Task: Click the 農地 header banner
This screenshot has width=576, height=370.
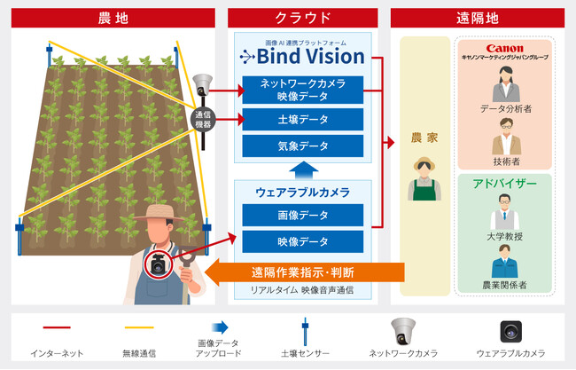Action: (x=113, y=18)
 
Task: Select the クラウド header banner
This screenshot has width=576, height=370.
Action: (x=303, y=18)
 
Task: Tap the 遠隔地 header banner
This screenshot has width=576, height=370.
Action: (x=478, y=18)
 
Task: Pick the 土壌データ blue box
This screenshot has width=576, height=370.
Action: (x=303, y=119)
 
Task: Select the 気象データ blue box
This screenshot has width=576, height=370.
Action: (x=303, y=146)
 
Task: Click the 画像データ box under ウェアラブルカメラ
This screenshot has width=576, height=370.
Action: (x=303, y=215)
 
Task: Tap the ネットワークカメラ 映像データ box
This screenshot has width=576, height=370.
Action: (x=303, y=90)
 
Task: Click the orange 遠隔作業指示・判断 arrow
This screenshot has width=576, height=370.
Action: (x=304, y=272)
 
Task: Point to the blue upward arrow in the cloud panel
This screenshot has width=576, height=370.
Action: (x=303, y=170)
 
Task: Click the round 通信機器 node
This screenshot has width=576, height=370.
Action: (x=203, y=120)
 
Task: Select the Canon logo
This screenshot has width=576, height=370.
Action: (x=504, y=49)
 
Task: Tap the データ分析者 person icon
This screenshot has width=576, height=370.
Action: (x=506, y=84)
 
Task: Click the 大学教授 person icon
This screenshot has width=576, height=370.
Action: (x=505, y=212)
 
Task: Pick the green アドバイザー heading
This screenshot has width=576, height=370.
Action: (x=505, y=183)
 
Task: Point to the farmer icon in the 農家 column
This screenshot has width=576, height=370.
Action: (x=424, y=178)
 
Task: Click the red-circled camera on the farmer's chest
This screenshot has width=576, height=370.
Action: (x=159, y=264)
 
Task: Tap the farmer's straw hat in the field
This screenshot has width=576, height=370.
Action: (x=159, y=213)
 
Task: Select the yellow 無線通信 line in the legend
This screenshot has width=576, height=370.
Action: (x=139, y=327)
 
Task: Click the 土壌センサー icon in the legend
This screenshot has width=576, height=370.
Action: (x=305, y=332)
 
